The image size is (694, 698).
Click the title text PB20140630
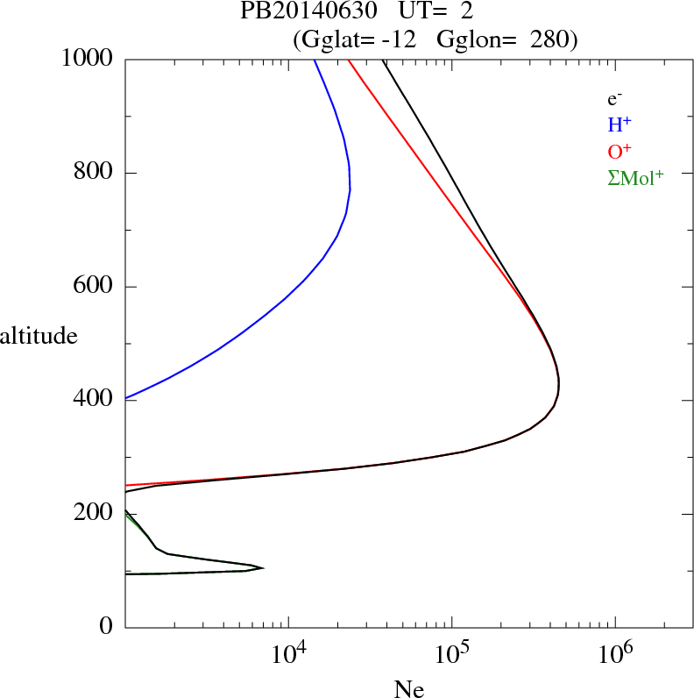tap(302, 13)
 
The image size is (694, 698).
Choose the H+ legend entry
tap(620, 125)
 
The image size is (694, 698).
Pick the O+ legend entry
tap(620, 151)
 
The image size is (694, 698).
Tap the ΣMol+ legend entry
tap(635, 178)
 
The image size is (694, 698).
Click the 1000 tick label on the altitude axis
tap(88, 59)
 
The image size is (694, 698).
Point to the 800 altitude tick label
tap(94, 173)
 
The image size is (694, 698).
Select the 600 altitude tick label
tap(94, 287)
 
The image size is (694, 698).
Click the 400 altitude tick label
tap(94, 400)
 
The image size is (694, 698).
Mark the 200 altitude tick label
tap(94, 514)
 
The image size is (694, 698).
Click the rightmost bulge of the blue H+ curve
tap(350, 189)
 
